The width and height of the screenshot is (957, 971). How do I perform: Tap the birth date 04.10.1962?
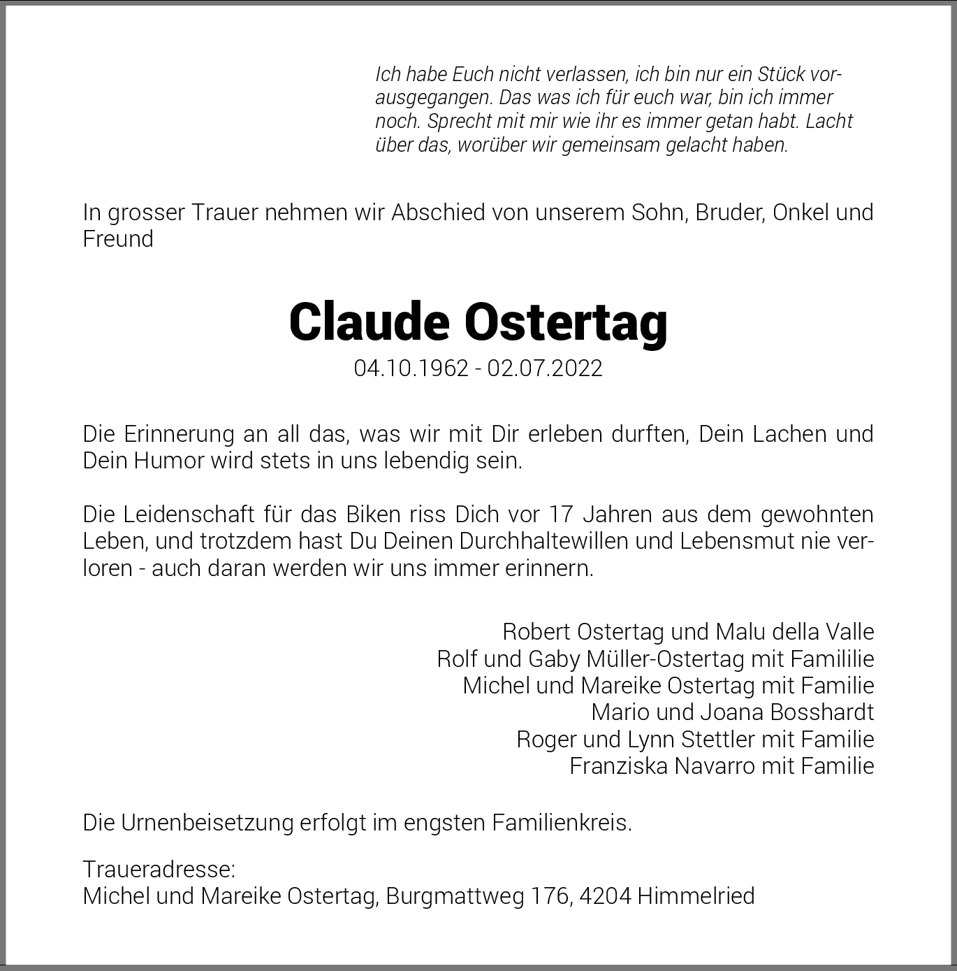tap(411, 368)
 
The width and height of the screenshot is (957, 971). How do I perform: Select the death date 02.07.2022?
tap(545, 368)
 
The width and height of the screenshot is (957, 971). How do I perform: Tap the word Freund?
tap(118, 239)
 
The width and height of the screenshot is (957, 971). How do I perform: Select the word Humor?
tap(174, 461)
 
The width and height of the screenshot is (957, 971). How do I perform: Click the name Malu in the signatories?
tap(720, 632)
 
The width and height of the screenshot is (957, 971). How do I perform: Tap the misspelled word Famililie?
tap(833, 659)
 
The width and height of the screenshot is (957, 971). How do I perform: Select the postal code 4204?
tap(605, 896)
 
